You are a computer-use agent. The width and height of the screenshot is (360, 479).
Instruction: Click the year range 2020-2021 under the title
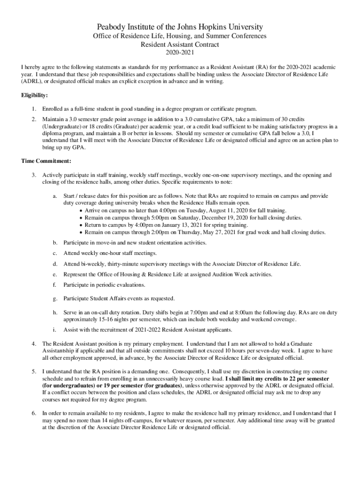180,54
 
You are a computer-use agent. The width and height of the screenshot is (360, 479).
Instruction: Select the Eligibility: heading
35,95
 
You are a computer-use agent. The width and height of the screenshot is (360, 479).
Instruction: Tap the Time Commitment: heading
46,161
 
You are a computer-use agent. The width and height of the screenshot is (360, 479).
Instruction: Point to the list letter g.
55,298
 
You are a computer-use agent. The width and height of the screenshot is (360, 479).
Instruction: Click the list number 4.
34,344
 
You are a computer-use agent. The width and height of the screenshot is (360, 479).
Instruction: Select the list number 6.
34,414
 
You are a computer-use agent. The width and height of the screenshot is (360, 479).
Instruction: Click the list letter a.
55,196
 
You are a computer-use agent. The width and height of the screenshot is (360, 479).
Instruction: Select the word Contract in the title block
206,45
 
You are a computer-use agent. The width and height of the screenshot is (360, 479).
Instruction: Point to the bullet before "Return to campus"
81,225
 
